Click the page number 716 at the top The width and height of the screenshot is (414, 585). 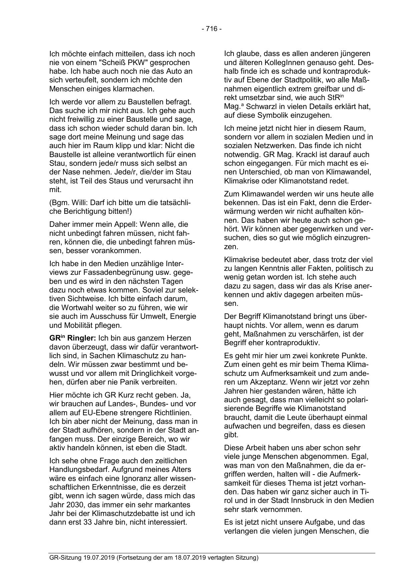click(212, 29)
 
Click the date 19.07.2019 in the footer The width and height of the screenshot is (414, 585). click(98, 557)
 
